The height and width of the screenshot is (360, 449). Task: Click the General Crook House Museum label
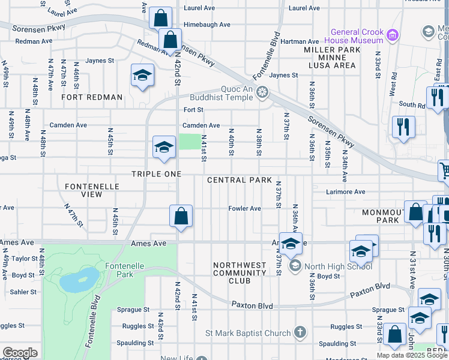pyautogui.click(x=356, y=36)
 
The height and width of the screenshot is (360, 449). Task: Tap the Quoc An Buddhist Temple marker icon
pyautogui.click(x=262, y=92)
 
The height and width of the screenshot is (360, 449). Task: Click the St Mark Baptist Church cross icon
pyautogui.click(x=300, y=332)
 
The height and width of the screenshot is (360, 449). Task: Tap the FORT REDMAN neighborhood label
pyautogui.click(x=92, y=97)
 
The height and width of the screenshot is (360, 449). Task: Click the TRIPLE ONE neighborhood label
pyautogui.click(x=156, y=174)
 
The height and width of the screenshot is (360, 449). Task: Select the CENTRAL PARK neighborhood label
pyautogui.click(x=240, y=180)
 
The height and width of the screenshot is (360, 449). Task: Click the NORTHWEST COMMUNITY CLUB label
pyautogui.click(x=240, y=272)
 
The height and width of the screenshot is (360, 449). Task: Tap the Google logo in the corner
pyautogui.click(x=20, y=353)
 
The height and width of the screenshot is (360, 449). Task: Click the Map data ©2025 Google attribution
pyautogui.click(x=412, y=355)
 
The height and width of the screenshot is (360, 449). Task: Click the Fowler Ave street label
pyautogui.click(x=244, y=208)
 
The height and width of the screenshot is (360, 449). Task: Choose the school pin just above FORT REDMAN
pyautogui.click(x=143, y=76)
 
